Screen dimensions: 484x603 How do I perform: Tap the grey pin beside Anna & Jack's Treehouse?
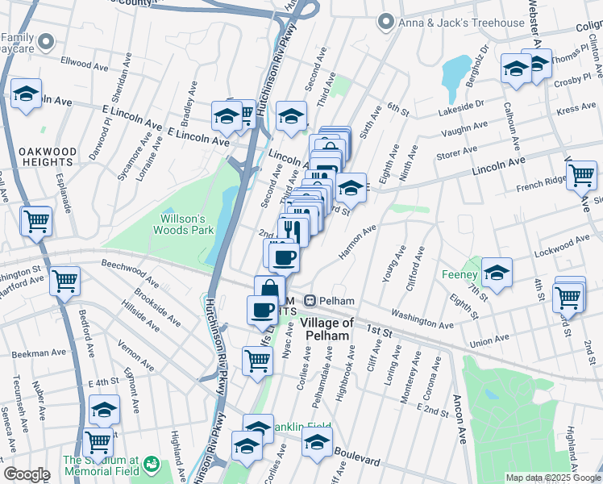[388, 22]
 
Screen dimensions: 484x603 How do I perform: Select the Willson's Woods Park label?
[186, 223]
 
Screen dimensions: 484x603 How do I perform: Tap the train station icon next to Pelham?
[309, 300]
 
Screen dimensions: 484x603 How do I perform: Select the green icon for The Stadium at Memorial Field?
[152, 465]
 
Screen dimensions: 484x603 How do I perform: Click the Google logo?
[27, 474]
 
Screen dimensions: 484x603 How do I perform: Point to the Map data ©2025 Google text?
[553, 478]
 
